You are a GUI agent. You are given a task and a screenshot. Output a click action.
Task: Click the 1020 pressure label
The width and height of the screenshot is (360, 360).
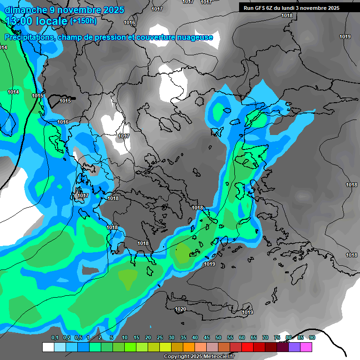click(x=180, y=309)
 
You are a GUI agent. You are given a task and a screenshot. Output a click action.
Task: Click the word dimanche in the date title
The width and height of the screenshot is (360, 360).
click(x=23, y=10)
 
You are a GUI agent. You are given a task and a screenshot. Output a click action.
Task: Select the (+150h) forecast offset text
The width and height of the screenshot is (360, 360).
click(x=83, y=21)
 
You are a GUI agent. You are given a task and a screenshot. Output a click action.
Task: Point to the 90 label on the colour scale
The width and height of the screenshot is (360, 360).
click(x=312, y=337)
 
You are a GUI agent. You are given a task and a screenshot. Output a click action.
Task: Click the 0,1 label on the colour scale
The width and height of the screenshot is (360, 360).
click(x=55, y=337)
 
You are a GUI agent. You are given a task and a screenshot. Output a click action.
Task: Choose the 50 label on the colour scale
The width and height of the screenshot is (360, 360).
click(x=218, y=337)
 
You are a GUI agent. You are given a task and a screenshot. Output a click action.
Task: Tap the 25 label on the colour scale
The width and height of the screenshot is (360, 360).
click(x=160, y=337)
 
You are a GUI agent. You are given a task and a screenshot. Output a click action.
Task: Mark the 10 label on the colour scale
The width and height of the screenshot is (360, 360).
click(x=125, y=337)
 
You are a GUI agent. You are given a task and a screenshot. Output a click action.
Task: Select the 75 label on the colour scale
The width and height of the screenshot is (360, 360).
click(x=277, y=337)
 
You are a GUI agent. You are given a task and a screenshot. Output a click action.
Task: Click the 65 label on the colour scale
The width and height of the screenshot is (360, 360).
click(x=254, y=337)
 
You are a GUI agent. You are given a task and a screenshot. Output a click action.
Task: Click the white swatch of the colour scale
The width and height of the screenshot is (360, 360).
click(x=48, y=347)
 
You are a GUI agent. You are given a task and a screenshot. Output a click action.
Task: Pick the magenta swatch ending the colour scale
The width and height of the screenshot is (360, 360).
click(x=306, y=347)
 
